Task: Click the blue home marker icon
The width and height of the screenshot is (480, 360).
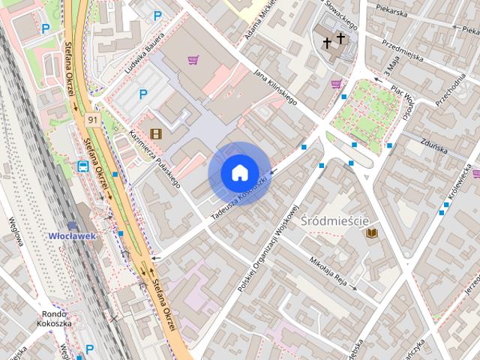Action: click(239, 173)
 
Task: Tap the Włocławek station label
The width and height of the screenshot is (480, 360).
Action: click(72, 235)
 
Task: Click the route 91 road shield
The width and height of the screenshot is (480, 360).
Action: click(92, 120)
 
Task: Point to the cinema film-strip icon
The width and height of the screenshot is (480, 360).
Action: click(155, 134)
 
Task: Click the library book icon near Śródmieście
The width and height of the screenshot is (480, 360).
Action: click(371, 234)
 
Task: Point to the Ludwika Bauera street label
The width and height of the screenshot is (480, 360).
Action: click(145, 56)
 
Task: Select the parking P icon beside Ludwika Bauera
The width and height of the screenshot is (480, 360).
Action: click(143, 94)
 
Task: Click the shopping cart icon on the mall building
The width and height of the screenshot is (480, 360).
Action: click(193, 60)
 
